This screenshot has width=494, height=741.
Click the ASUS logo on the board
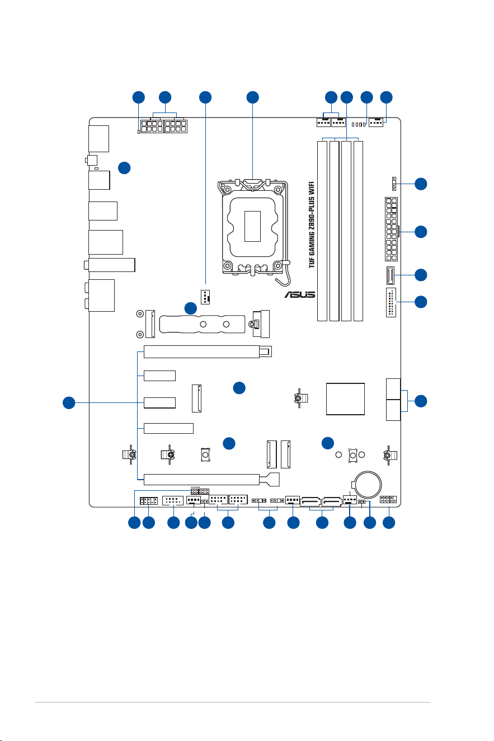(x=299, y=294)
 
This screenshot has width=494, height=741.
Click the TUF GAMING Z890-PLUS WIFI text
(x=312, y=224)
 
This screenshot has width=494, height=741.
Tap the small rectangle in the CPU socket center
(x=252, y=226)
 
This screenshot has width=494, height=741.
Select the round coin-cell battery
(x=368, y=485)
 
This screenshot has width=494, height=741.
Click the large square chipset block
(x=345, y=398)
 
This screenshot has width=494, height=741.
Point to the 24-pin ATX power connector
(x=391, y=229)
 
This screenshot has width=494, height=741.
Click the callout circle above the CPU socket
(x=253, y=97)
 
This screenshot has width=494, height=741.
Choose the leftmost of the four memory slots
(x=322, y=231)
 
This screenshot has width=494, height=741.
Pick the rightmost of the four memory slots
(x=358, y=231)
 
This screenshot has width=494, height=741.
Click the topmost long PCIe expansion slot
(x=208, y=351)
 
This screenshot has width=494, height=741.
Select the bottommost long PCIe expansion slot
(x=211, y=479)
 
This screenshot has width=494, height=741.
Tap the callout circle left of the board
(x=69, y=402)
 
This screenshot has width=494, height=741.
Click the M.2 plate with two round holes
(x=203, y=324)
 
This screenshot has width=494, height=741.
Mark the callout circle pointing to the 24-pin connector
(x=421, y=232)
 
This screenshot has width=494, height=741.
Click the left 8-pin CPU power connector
(x=152, y=126)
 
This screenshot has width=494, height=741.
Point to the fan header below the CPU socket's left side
(x=205, y=297)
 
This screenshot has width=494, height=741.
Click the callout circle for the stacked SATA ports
(x=421, y=401)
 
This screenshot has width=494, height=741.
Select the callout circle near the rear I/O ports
(x=124, y=168)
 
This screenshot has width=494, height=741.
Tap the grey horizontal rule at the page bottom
(x=232, y=702)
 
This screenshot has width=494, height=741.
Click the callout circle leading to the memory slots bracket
(x=346, y=97)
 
